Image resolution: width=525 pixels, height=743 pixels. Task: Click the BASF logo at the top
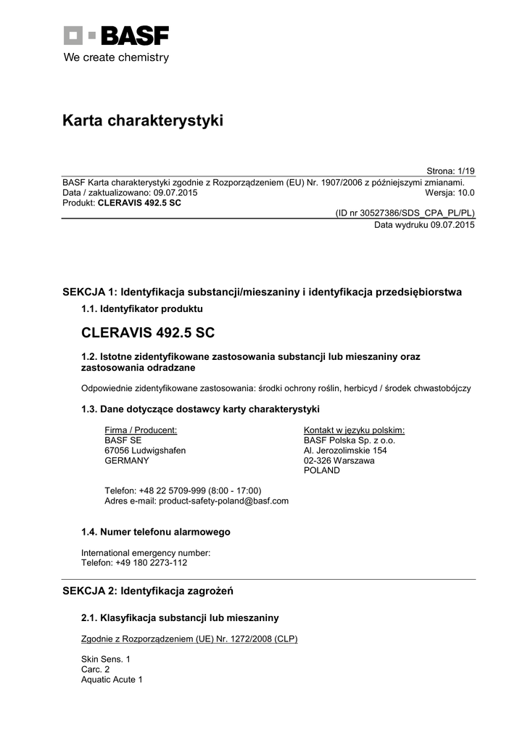click(x=116, y=36)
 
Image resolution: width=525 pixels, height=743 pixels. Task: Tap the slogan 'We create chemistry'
click(x=116, y=57)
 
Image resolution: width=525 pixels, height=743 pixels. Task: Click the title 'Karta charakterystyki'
click(x=143, y=120)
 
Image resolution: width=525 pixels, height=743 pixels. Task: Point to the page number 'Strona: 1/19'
click(x=450, y=171)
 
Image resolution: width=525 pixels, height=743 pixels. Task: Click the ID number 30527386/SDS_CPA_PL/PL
click(x=405, y=214)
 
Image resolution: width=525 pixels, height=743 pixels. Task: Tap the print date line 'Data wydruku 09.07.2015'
click(x=424, y=225)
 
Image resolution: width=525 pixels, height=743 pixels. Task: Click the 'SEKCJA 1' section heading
click(x=262, y=292)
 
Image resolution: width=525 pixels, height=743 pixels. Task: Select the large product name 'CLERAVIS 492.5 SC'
click(x=148, y=333)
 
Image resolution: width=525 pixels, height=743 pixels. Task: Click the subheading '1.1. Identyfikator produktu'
click(x=136, y=310)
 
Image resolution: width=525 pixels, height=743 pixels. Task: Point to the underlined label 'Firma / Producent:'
click(x=141, y=430)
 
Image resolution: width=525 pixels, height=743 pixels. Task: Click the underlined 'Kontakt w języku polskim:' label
click(x=354, y=430)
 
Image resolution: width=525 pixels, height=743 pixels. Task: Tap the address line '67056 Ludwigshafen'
click(x=145, y=450)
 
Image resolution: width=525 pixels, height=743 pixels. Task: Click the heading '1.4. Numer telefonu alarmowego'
click(x=156, y=532)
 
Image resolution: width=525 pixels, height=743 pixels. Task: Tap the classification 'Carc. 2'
click(x=96, y=669)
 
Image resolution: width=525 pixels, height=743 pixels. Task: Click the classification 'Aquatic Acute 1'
click(x=112, y=680)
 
